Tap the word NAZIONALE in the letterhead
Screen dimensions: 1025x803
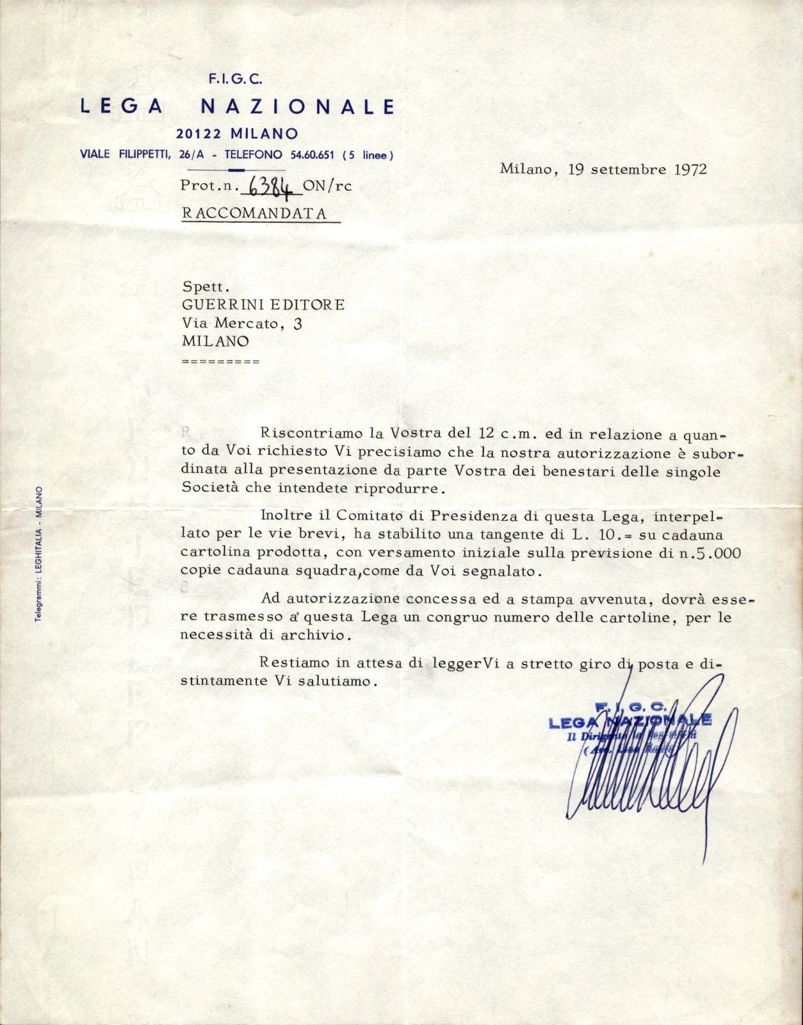point(298,106)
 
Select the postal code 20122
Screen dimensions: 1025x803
point(199,134)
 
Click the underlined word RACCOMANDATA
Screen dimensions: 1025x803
point(255,213)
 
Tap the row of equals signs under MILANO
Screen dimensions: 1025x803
point(221,361)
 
